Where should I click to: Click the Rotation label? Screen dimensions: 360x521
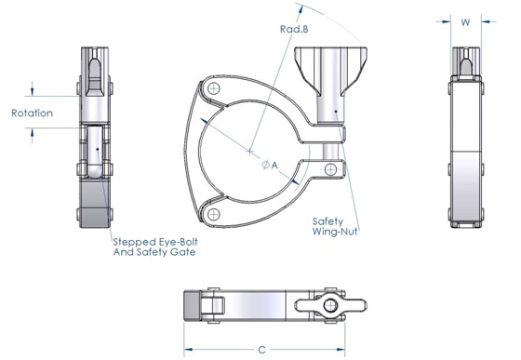[32, 113]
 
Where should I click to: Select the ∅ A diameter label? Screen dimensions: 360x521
[271, 164]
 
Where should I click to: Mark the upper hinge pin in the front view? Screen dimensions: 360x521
[215, 88]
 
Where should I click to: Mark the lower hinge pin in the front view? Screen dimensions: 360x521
[215, 215]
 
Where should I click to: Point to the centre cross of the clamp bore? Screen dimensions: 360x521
[250, 151]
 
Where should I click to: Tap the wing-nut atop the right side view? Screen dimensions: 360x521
[466, 59]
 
